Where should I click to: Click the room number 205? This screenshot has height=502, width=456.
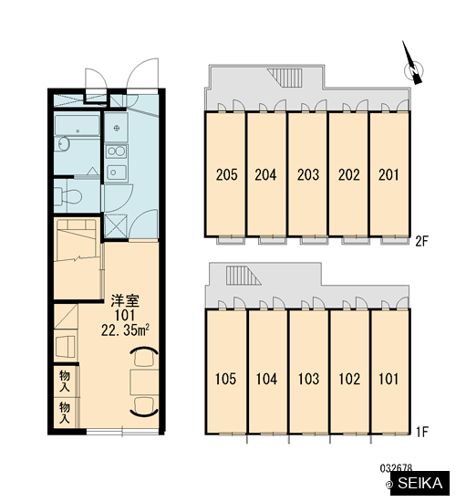point(226,175)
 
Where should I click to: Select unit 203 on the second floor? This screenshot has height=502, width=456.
point(308,175)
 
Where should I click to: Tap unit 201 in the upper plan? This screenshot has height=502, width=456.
point(389,175)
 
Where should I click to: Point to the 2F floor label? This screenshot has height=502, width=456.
point(421,241)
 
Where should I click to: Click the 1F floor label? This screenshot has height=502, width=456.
point(422,433)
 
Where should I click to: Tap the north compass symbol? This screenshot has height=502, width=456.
point(413,68)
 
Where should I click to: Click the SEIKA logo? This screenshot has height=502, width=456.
point(420,483)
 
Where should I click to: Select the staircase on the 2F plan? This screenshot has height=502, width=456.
point(285,78)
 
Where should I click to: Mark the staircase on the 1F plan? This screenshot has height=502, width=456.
point(244,276)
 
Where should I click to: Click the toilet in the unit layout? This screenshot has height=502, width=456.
point(67,195)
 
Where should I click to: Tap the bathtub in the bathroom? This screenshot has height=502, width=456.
point(78,125)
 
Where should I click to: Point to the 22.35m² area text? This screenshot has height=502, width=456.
point(125,330)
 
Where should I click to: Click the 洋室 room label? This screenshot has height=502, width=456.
point(125,301)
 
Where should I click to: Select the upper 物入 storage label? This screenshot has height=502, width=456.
point(65,381)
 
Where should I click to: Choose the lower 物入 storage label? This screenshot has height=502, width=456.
point(65,413)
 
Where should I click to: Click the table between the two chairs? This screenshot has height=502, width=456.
point(144,382)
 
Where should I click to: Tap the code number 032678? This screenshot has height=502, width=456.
point(396,468)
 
